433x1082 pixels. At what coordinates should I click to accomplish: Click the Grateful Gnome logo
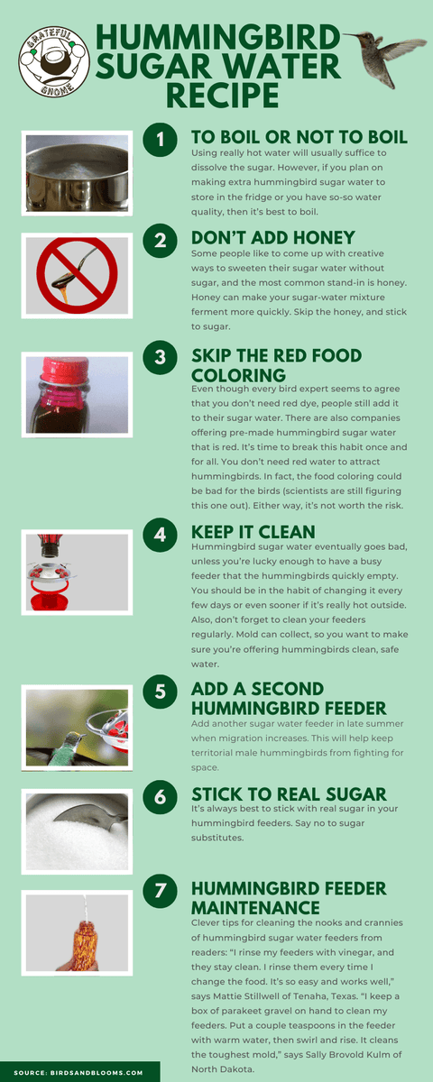[56, 60]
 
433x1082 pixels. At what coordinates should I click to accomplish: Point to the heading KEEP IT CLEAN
[253, 532]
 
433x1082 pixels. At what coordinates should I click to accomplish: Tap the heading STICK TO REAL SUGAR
[289, 794]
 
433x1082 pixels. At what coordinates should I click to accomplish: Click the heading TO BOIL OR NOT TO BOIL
[299, 138]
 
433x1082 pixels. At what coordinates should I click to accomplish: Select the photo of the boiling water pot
[77, 172]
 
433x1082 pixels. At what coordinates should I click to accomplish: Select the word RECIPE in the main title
[216, 93]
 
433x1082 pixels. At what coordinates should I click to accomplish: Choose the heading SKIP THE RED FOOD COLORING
[284, 364]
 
